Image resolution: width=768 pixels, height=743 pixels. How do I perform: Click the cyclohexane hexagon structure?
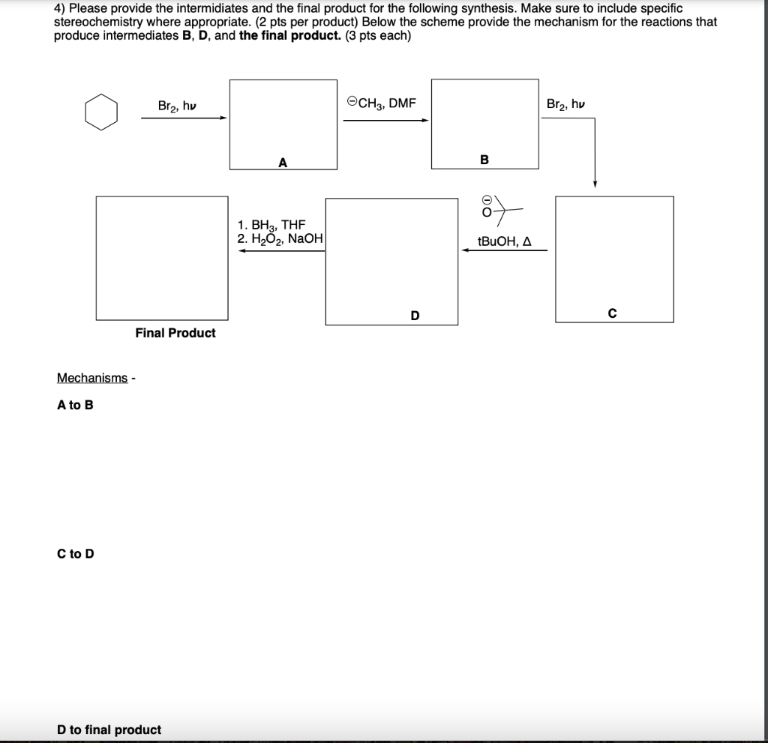click(100, 112)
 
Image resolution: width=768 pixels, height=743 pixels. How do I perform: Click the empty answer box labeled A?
click(283, 124)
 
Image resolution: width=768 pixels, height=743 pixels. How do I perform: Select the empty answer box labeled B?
click(484, 124)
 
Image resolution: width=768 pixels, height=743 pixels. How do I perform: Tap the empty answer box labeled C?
click(614, 259)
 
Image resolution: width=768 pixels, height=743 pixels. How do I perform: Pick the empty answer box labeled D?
click(391, 261)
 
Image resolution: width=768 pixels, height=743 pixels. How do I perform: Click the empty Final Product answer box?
click(162, 258)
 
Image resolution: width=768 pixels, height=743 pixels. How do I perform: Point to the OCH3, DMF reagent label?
click(382, 103)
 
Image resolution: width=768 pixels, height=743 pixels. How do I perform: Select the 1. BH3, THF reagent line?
click(271, 224)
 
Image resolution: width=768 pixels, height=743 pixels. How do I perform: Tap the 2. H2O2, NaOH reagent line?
click(279, 238)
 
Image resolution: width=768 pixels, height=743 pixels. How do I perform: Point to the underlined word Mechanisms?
click(92, 378)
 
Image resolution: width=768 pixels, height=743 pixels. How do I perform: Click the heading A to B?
click(75, 406)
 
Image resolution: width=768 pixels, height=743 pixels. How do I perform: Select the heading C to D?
click(75, 554)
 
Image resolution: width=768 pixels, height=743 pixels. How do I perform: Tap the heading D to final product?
click(109, 730)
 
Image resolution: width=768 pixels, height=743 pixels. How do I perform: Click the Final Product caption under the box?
click(175, 333)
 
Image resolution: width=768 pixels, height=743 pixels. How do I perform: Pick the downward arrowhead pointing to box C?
click(594, 184)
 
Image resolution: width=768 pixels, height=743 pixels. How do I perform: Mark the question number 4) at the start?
click(59, 8)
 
